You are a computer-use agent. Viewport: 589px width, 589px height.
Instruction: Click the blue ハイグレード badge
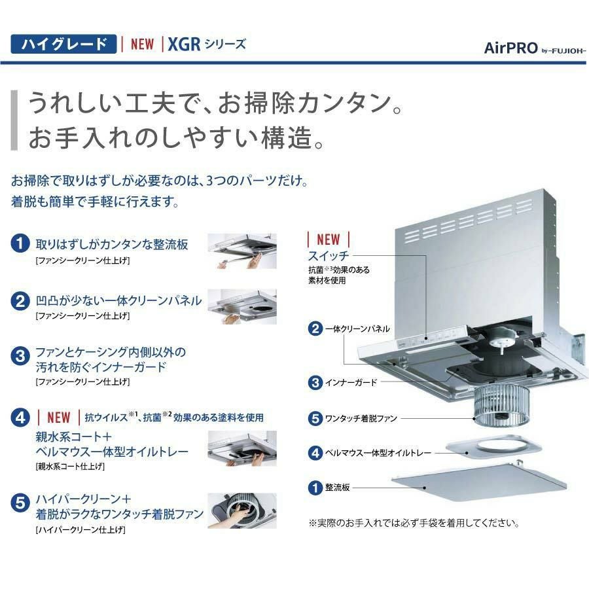click(63, 44)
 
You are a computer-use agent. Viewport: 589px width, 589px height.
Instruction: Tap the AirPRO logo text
click(511, 48)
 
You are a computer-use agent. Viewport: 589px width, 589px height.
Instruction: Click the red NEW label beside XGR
click(142, 44)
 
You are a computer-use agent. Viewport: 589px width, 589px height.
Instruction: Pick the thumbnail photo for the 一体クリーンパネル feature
click(242, 306)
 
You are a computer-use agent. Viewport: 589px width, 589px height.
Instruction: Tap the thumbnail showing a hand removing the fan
click(242, 511)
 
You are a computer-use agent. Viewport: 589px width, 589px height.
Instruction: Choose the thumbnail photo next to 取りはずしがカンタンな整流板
click(242, 251)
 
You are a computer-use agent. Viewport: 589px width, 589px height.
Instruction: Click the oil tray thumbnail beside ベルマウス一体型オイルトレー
click(242, 448)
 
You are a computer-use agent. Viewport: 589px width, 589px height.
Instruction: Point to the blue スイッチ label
click(329, 256)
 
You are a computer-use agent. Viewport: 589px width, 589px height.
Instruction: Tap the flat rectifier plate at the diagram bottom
click(479, 482)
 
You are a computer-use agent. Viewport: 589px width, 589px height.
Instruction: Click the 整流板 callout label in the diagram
click(337, 488)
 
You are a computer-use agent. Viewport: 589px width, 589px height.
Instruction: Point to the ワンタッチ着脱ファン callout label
click(361, 418)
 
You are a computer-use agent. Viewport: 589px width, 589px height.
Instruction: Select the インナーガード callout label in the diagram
click(351, 383)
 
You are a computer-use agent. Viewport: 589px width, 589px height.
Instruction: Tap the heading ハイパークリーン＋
click(83, 499)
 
